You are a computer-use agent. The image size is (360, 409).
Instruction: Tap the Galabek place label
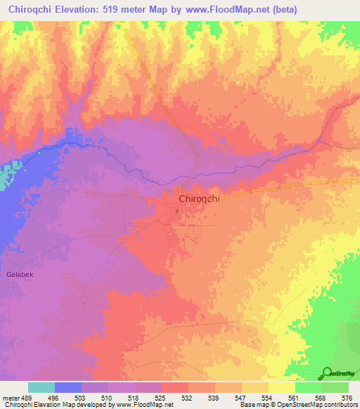(x=20, y=274)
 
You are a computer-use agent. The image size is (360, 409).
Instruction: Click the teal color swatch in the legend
(x=41, y=387)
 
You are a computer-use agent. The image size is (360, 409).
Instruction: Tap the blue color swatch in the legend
(x=68, y=387)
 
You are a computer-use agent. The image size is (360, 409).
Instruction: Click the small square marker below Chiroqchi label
(x=178, y=210)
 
